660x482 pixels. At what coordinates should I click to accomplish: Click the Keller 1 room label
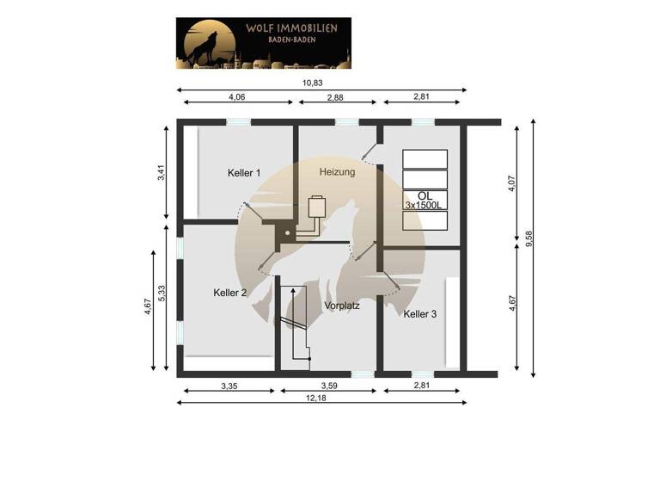pyautogui.click(x=244, y=173)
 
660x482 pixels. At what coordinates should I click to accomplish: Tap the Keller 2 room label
pyautogui.click(x=230, y=293)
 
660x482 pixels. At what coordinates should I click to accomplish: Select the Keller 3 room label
pyautogui.click(x=420, y=314)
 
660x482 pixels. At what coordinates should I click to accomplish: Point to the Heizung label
pyautogui.click(x=337, y=172)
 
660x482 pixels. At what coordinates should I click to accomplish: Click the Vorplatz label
pyautogui.click(x=341, y=306)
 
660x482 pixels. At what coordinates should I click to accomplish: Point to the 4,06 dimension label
pyautogui.click(x=237, y=97)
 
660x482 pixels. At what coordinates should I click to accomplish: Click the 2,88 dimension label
pyautogui.click(x=337, y=97)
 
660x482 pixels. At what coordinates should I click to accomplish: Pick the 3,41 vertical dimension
pyautogui.click(x=161, y=172)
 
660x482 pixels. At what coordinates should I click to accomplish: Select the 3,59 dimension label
pyautogui.click(x=329, y=386)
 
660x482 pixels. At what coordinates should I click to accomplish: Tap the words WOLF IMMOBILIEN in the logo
pyautogui.click(x=291, y=28)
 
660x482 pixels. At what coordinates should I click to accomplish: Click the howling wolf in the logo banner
pyautogui.click(x=203, y=47)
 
